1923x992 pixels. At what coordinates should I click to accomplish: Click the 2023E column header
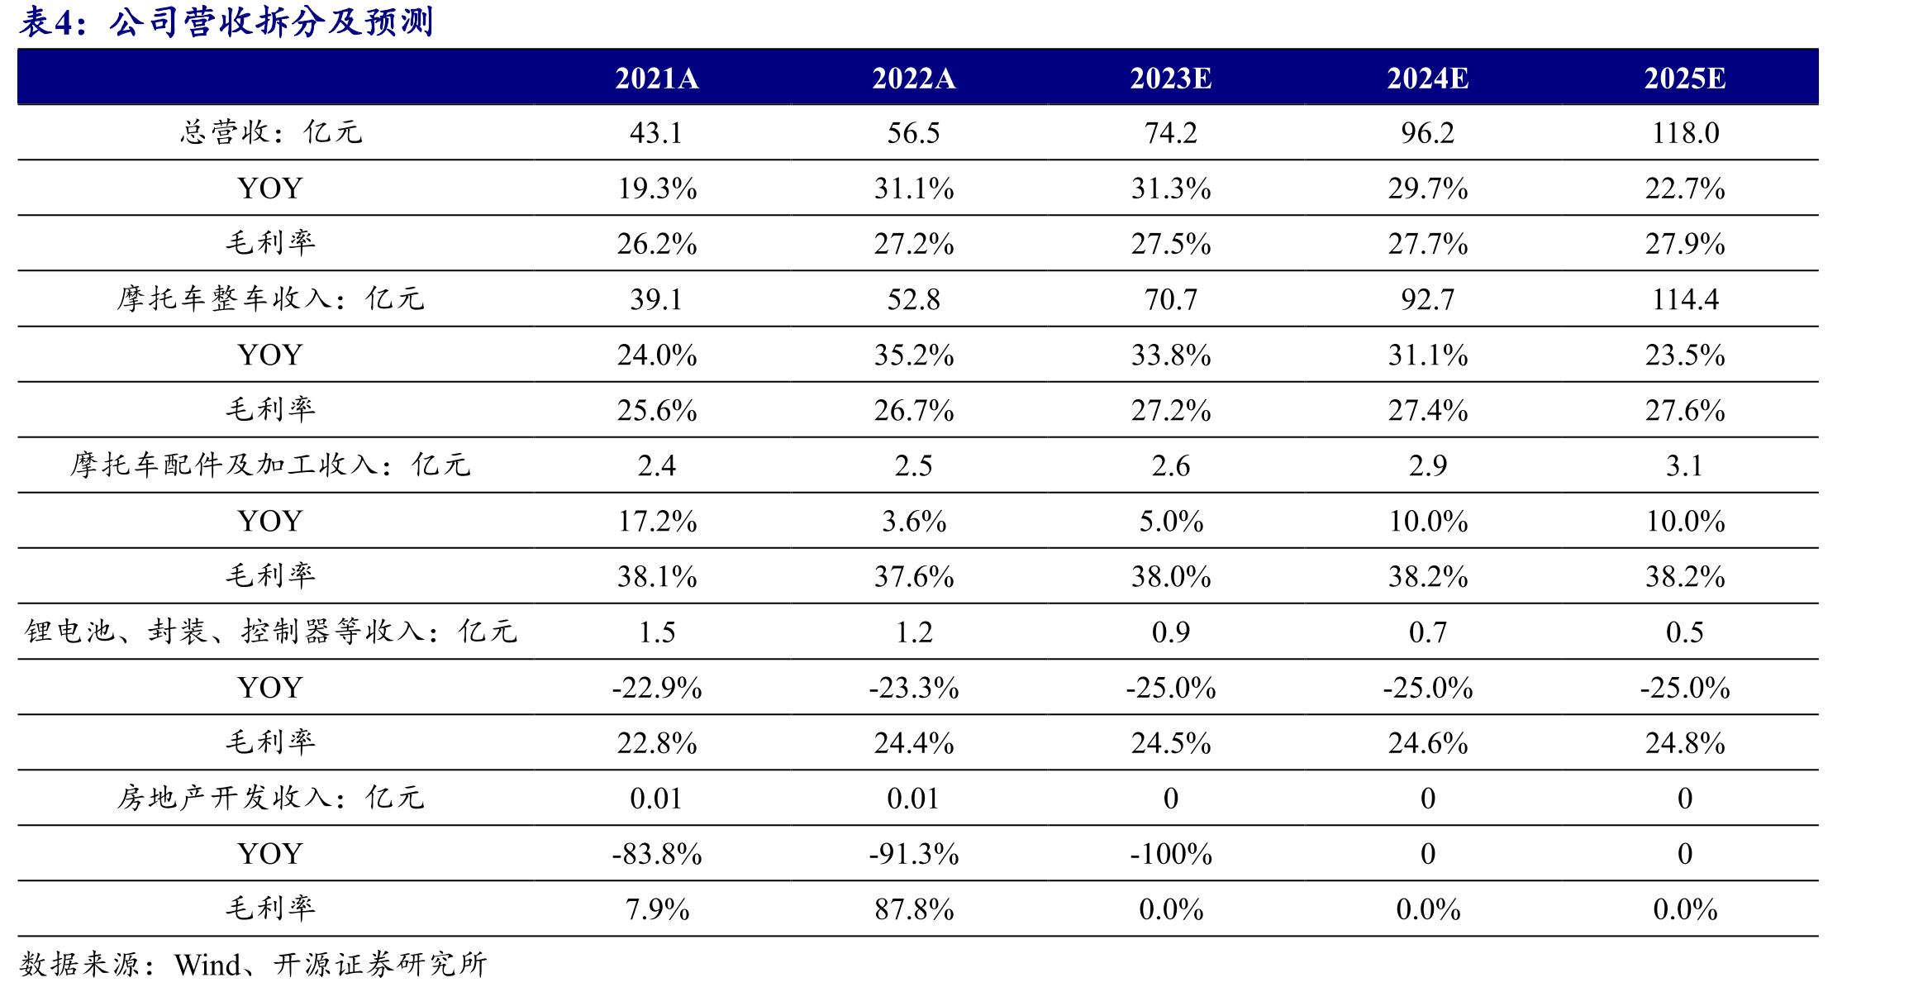point(1170,79)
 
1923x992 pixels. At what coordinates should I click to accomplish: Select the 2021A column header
point(657,79)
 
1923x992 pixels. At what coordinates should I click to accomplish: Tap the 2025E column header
point(1685,79)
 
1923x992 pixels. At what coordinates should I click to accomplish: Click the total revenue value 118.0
point(1685,133)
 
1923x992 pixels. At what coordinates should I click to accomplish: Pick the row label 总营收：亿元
point(271,132)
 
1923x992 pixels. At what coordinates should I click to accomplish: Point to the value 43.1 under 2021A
point(656,133)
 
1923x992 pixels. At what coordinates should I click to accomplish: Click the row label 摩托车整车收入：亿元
point(271,298)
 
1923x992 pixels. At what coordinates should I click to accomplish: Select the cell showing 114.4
point(1685,299)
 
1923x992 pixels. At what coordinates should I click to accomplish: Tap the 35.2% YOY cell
point(914,355)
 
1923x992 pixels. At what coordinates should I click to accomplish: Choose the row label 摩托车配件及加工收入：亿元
point(271,465)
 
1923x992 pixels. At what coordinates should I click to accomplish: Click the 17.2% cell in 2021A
point(657,522)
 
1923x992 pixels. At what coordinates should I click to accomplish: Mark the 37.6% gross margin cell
point(914,577)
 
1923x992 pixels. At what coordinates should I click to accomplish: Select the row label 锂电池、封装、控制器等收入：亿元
point(271,632)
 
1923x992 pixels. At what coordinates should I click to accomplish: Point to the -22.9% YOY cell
point(657,688)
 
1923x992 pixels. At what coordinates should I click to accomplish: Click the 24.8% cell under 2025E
point(1685,743)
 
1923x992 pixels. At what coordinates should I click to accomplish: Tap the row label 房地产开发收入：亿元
point(271,798)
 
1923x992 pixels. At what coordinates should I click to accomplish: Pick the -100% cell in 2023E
point(1171,854)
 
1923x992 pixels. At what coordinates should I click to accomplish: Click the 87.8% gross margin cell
point(914,909)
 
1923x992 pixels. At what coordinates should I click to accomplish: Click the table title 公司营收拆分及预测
point(271,22)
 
